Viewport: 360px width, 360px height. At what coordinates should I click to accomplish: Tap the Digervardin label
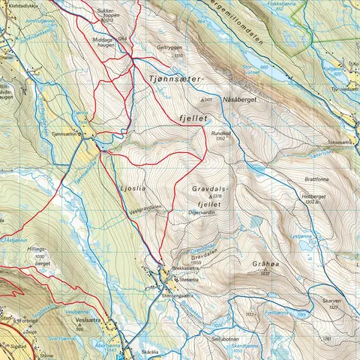[201, 214]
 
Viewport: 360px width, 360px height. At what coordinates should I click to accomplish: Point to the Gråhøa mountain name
[263, 264]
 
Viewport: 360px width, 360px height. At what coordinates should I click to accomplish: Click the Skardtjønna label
[244, 346]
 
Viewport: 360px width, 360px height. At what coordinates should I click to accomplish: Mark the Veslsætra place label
[89, 317]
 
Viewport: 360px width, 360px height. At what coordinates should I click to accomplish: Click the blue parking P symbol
[121, 357]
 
